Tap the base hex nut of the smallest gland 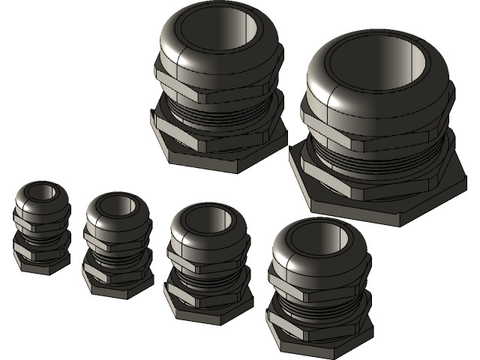(x=41, y=262)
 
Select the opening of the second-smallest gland (x=118, y=206)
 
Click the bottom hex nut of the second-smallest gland (x=116, y=285)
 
